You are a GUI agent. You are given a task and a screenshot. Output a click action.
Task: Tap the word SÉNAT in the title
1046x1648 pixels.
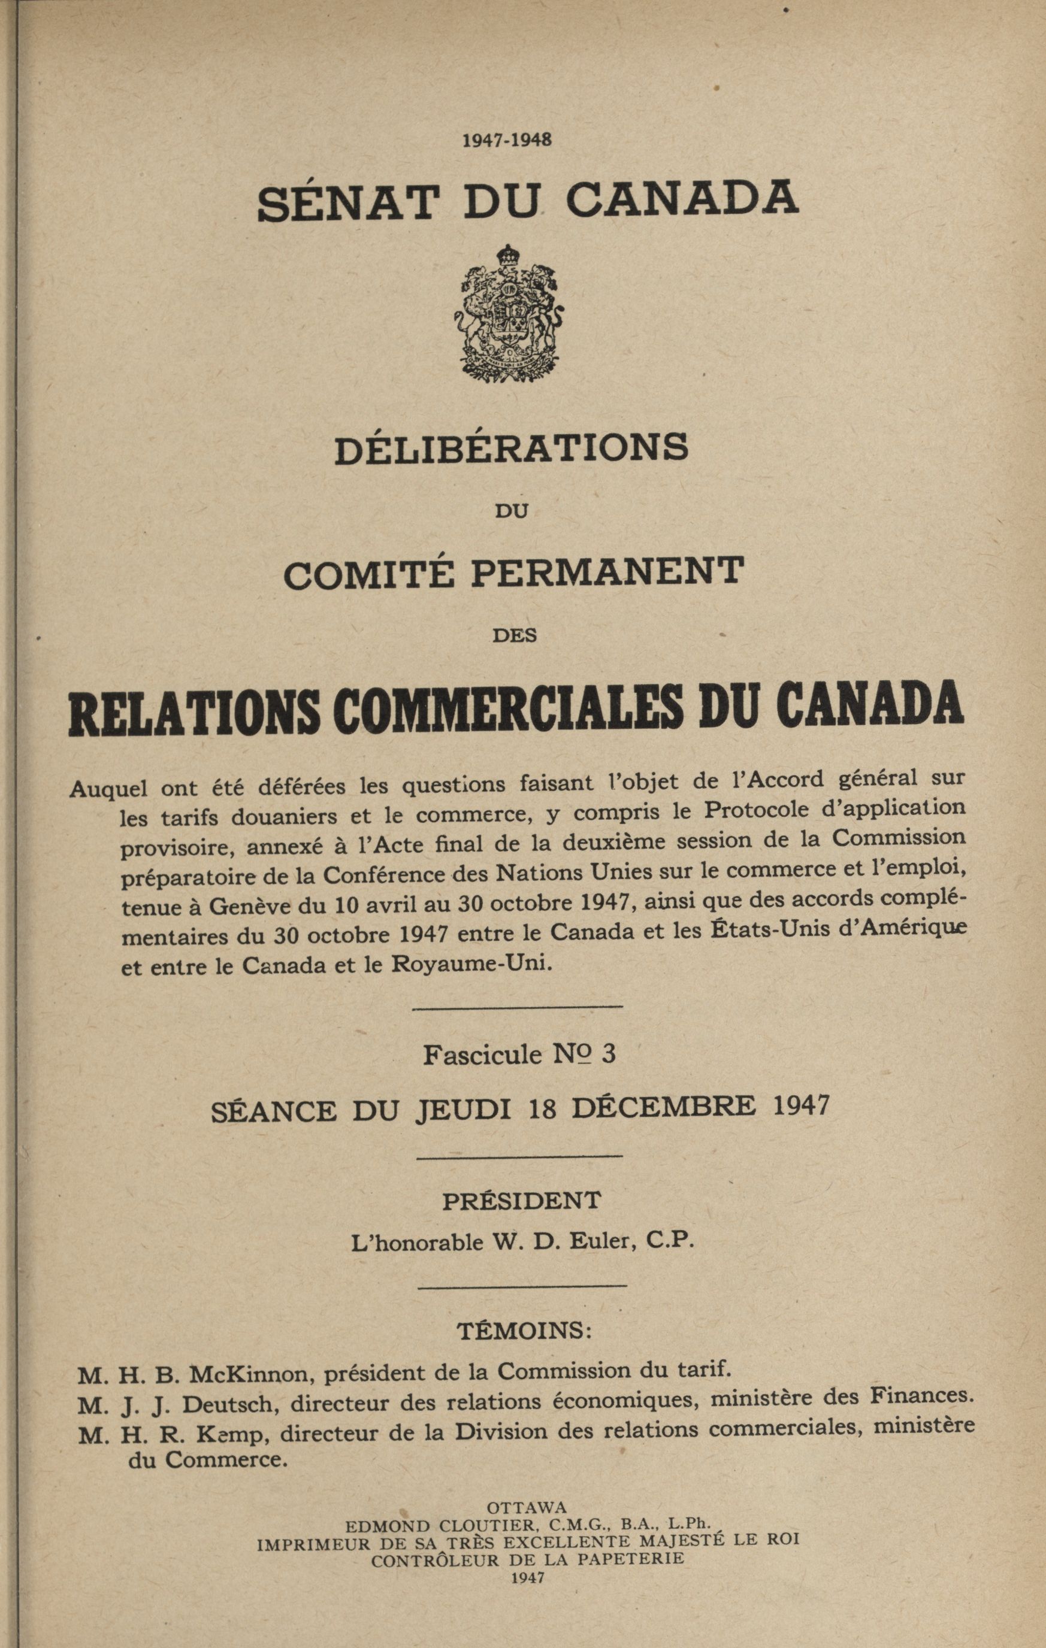[x=347, y=202]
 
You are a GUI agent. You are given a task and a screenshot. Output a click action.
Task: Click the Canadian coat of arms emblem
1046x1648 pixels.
[x=509, y=313]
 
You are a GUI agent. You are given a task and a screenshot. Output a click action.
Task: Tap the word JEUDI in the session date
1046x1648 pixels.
[x=464, y=1110]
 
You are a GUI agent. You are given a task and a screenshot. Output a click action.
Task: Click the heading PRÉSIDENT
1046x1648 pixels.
[x=522, y=1201]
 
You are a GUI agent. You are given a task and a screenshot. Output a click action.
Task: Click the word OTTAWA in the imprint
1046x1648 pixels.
[x=527, y=1507]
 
